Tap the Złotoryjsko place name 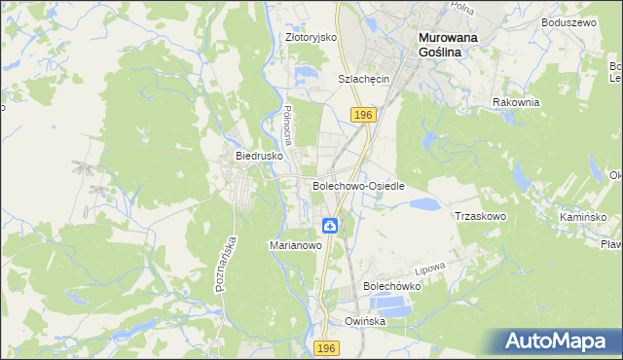click(311, 37)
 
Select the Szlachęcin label click(363, 79)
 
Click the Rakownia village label click(516, 102)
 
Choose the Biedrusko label click(259, 156)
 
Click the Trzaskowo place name click(481, 216)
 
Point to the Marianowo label click(295, 246)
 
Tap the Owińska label click(365, 320)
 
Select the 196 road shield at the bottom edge click(327, 348)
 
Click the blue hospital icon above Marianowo click(331, 227)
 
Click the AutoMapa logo click(560, 342)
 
